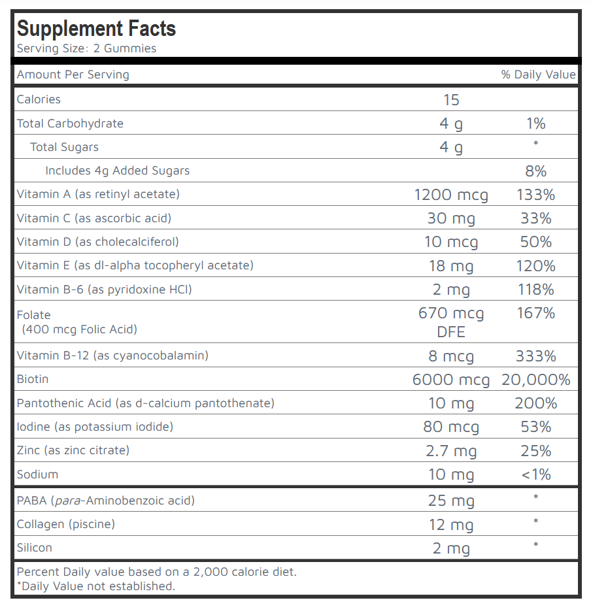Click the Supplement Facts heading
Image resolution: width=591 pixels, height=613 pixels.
click(x=96, y=29)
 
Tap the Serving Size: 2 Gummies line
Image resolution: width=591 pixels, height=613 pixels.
click(x=86, y=48)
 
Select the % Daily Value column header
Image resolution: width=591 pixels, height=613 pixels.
click(x=538, y=75)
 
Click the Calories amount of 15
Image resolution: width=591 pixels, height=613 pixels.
click(x=451, y=100)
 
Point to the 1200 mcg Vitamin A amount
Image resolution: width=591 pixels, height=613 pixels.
click(x=451, y=195)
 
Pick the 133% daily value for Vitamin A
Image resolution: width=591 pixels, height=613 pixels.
click(x=535, y=195)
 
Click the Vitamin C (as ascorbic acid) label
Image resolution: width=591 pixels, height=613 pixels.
click(x=94, y=218)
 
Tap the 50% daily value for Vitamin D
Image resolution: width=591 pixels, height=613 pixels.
click(x=535, y=242)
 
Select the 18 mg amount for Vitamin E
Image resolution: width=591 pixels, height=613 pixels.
click(x=451, y=266)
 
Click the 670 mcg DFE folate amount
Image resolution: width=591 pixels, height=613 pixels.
click(x=451, y=322)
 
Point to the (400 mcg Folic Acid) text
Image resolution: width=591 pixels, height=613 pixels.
click(x=80, y=329)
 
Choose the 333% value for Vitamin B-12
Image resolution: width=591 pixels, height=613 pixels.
click(x=535, y=356)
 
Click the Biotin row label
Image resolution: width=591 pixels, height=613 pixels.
click(x=33, y=379)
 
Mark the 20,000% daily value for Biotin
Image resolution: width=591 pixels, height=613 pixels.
click(x=535, y=380)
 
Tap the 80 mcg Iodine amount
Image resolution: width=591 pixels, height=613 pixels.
click(x=451, y=427)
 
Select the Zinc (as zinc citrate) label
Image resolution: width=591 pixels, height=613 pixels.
click(x=73, y=450)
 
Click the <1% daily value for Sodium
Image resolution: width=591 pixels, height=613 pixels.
click(x=535, y=474)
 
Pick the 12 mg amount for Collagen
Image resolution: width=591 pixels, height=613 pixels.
click(x=451, y=525)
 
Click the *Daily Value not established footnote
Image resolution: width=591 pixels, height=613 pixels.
click(x=96, y=586)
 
